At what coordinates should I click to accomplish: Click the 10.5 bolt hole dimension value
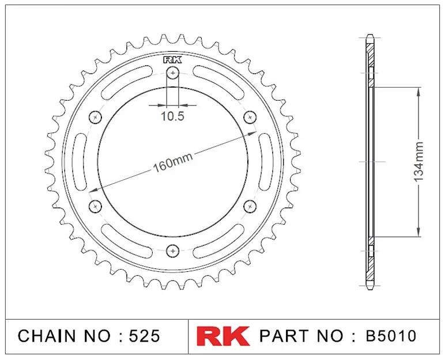173,116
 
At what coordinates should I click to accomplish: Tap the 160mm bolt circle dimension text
173,163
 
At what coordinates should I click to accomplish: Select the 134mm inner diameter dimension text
418,162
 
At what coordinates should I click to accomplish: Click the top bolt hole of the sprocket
172,73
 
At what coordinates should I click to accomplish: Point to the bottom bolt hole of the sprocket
172,251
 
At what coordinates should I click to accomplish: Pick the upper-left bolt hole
95,118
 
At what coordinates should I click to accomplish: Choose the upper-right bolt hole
250,117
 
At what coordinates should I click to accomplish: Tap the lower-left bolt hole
95,206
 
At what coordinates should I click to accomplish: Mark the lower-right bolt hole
250,206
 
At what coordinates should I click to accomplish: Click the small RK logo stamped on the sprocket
172,60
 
